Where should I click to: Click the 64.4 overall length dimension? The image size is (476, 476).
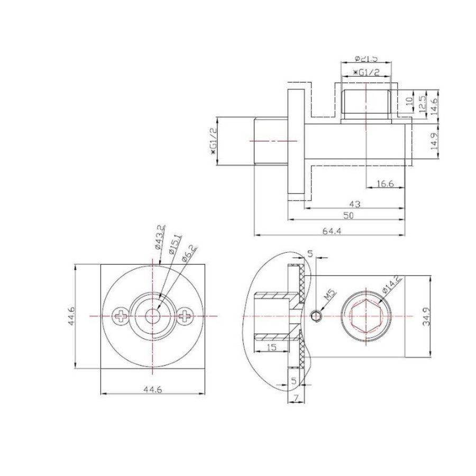coord(332,231)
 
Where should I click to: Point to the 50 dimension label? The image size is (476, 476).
coord(348,215)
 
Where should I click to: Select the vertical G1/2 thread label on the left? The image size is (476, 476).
coord(214,141)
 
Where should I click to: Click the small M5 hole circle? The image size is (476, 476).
coord(316,316)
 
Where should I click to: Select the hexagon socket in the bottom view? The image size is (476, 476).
coord(365,316)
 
